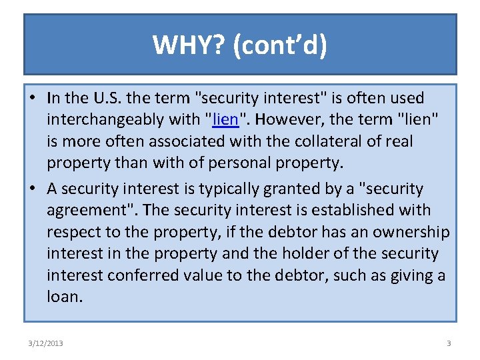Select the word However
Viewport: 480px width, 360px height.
pos(287,120)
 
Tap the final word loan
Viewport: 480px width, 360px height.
pos(65,297)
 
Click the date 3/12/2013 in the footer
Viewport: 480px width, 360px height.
pos(45,343)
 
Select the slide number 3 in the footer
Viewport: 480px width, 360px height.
pos(449,343)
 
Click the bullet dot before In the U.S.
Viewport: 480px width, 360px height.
pos(32,99)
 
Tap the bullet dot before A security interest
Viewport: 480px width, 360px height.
pos(32,189)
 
